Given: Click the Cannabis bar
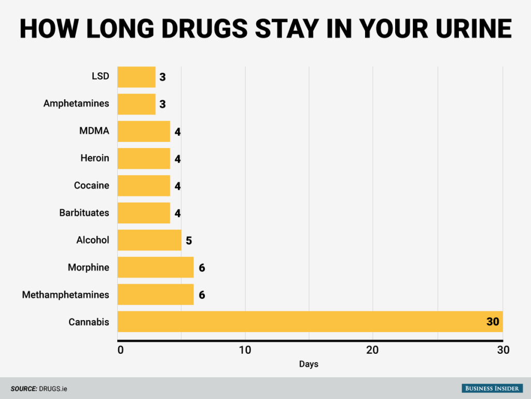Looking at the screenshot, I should click(x=310, y=322).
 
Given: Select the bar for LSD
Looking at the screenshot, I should click(x=136, y=77).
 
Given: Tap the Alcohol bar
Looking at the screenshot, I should click(x=149, y=240).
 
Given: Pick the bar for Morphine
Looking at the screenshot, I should click(x=156, y=267).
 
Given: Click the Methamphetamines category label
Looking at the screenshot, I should click(x=65, y=295).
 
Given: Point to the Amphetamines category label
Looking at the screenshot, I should click(x=76, y=103).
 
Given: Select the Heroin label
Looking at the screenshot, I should click(x=95, y=158).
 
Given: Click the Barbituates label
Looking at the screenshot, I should click(x=84, y=212).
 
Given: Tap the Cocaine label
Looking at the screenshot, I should click(x=91, y=185).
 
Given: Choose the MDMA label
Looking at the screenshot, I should click(x=94, y=131).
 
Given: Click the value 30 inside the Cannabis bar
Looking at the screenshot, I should click(x=492, y=322).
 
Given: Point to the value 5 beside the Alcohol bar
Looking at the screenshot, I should click(x=189, y=241).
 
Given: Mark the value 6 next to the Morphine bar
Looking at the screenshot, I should click(x=202, y=268).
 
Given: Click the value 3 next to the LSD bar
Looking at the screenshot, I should click(x=162, y=77).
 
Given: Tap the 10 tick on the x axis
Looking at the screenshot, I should click(x=245, y=350).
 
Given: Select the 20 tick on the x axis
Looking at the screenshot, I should click(x=373, y=350).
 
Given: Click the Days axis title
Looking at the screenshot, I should click(x=309, y=364).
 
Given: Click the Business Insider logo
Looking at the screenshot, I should click(x=493, y=389).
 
